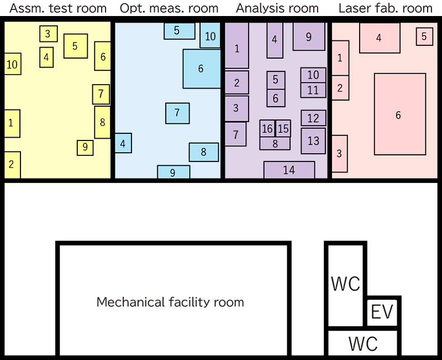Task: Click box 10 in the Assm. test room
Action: (x=12, y=65)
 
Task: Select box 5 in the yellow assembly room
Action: (x=75, y=46)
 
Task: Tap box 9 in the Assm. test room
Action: (x=85, y=147)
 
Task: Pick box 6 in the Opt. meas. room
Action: (x=201, y=69)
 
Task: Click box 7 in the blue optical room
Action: (x=177, y=113)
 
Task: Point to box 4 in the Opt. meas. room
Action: (x=123, y=144)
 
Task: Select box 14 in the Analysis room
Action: (x=289, y=170)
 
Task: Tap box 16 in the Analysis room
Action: (x=267, y=129)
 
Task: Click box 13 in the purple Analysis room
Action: (x=313, y=140)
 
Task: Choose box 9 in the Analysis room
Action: (x=308, y=36)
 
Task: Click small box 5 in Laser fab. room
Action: (x=424, y=36)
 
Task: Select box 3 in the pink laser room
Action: (x=339, y=153)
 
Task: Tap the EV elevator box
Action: (x=382, y=312)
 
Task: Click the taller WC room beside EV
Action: (x=346, y=284)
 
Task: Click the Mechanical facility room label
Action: (x=170, y=302)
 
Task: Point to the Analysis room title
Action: (x=277, y=8)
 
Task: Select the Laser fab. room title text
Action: (x=385, y=8)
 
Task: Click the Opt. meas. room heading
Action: (x=169, y=8)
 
